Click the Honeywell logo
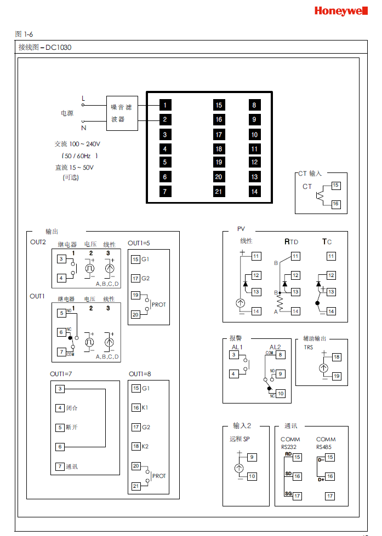pyautogui.click(x=340, y=11)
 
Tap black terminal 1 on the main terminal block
pyautogui.click(x=164, y=105)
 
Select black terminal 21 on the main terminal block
pyautogui.click(x=219, y=191)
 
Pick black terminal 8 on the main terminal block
pyautogui.click(x=254, y=105)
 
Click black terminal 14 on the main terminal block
pyautogui.click(x=254, y=191)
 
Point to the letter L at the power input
pyautogui.click(x=83, y=99)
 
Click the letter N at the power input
pyautogui.click(x=84, y=128)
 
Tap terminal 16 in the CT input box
pyautogui.click(x=336, y=204)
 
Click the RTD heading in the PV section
pyautogui.click(x=291, y=241)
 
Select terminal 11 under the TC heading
pyautogui.click(x=331, y=256)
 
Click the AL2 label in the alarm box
pyautogui.click(x=275, y=347)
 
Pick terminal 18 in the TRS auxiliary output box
pyautogui.click(x=337, y=356)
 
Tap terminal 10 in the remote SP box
pyautogui.click(x=252, y=476)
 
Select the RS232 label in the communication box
pyautogui.click(x=288, y=447)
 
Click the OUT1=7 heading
pyautogui.click(x=61, y=374)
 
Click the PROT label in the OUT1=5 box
pyautogui.click(x=159, y=304)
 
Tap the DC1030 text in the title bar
pyautogui.click(x=59, y=48)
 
